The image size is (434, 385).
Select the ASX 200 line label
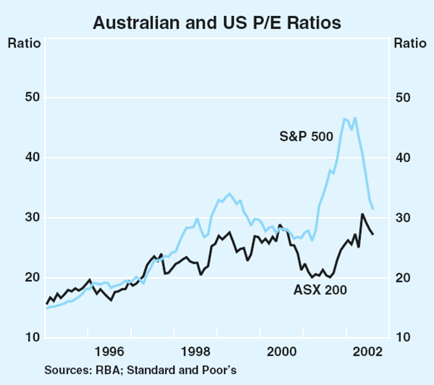(321, 290)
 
